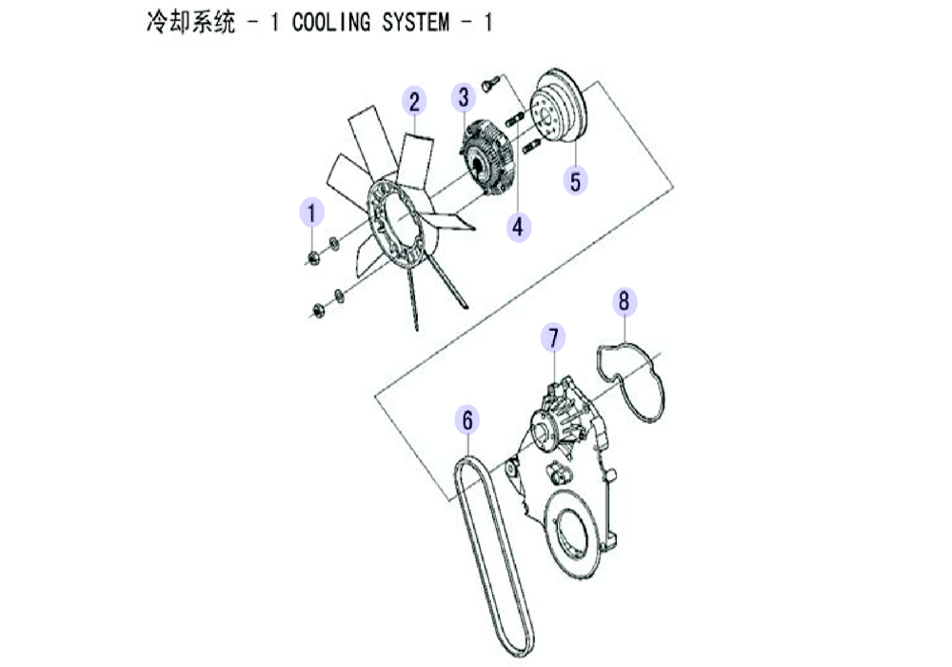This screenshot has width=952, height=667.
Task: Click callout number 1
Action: (311, 212)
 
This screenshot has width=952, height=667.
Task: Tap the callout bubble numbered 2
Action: (414, 101)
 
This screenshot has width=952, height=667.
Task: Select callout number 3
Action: (464, 97)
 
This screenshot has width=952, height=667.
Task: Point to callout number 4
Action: (518, 227)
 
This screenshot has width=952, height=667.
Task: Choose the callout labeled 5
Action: (575, 180)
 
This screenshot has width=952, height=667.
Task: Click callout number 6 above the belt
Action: (467, 420)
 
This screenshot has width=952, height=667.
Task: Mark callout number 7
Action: (553, 337)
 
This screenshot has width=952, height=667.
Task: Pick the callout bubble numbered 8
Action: (625, 301)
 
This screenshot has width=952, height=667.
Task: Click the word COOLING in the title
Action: (331, 23)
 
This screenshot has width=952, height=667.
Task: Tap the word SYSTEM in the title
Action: (416, 23)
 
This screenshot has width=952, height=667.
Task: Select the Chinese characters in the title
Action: (190, 23)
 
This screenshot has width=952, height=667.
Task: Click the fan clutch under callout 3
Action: (486, 156)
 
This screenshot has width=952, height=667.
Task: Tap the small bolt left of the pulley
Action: (490, 83)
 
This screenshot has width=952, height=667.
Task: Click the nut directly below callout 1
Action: (313, 258)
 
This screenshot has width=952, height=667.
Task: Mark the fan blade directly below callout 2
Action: (415, 159)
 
